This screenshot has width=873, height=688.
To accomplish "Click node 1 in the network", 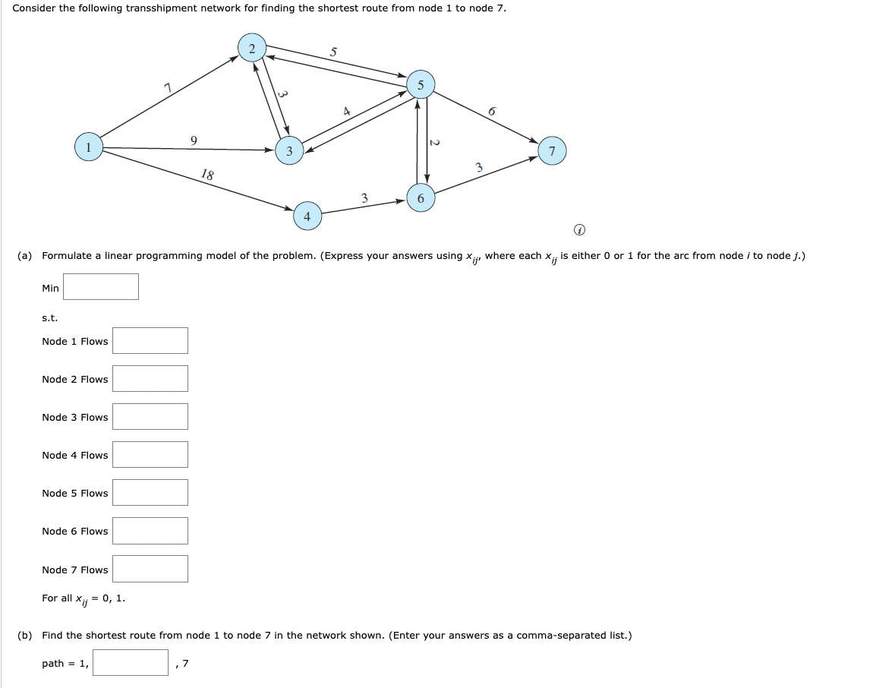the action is click(89, 147).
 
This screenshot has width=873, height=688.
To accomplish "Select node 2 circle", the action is click(251, 48).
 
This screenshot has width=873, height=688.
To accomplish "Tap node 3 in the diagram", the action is click(288, 151).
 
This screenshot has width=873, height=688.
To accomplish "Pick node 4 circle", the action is click(307, 216).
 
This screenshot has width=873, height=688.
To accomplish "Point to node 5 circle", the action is click(420, 85).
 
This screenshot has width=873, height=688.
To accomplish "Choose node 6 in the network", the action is click(421, 198).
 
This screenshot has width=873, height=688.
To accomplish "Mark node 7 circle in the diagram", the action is click(552, 151).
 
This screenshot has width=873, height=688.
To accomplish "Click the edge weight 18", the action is click(207, 175).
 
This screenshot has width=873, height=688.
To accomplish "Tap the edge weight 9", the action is click(194, 140).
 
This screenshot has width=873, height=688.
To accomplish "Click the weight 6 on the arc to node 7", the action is click(492, 112).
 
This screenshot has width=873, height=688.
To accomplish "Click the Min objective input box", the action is click(101, 287).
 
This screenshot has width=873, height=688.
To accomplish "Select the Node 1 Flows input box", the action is click(150, 340).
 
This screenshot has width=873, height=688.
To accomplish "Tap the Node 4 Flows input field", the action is click(150, 454).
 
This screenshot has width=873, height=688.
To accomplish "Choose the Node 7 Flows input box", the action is click(150, 569).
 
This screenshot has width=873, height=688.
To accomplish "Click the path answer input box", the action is click(131, 662).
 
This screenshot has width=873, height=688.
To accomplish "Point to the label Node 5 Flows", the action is click(75, 493).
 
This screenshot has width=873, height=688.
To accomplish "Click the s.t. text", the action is click(49, 317).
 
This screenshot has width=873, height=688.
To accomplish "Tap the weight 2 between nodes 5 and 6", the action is click(434, 143).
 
